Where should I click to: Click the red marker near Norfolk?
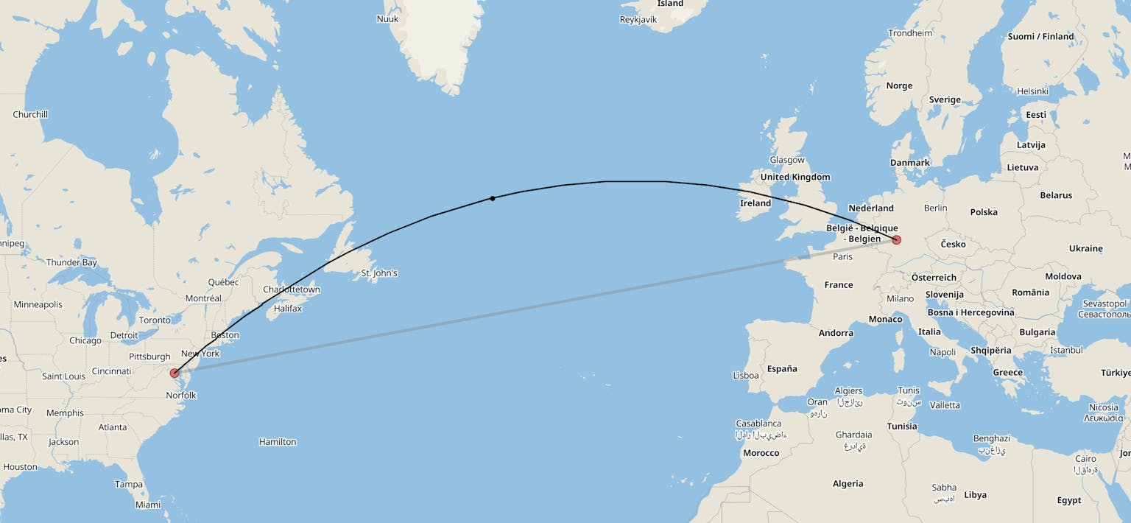coord(175,373)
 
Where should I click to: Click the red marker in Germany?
coord(896,240)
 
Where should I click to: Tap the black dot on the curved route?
coord(493,198)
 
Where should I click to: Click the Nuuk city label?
coord(387,19)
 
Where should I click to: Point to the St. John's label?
coord(379,273)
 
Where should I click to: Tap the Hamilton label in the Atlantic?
coord(278,442)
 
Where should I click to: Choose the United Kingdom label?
coord(795,177)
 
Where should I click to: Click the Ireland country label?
coord(755,203)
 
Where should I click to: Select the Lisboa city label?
coord(746,376)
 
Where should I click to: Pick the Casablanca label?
coord(758,424)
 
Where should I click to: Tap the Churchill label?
coord(30,114)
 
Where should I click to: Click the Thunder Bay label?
coord(71,262)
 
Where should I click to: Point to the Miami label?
coord(148,505)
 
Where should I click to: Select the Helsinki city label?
coord(1032,91)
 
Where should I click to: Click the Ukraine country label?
coord(1086,248)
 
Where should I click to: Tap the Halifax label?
coord(288,309)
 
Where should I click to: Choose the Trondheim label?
coord(910,33)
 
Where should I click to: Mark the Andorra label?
coord(836,333)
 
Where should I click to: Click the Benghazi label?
coord(992,438)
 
